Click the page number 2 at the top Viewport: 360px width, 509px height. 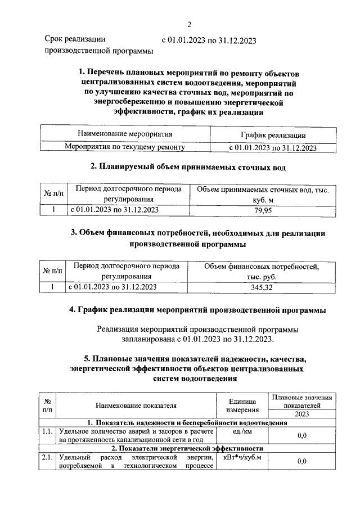[190, 24]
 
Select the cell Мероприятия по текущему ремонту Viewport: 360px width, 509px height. [125, 148]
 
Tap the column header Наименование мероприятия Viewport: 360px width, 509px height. [125, 134]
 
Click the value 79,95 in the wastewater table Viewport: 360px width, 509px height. [263, 210]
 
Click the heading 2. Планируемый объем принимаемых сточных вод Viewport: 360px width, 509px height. [188, 167]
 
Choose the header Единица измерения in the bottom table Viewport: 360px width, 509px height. [242, 404]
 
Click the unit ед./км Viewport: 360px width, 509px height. [242, 432]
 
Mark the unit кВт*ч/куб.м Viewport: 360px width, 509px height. [242, 457]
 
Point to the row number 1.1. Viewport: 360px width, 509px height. [47, 432]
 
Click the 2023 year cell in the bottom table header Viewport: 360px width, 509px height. [301, 413]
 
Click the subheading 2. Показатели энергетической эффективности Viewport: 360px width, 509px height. [187, 448]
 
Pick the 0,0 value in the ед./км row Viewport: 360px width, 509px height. [301, 436]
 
